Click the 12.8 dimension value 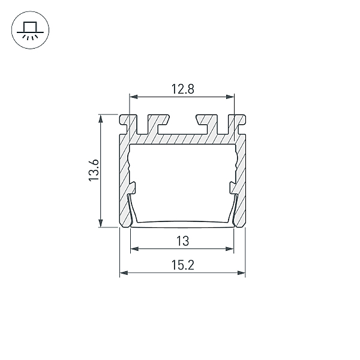click(183, 89)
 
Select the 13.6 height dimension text click(94, 170)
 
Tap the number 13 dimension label click(183, 241)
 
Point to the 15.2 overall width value click(183, 265)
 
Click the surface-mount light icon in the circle click(31, 30)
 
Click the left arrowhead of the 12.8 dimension click(133, 97)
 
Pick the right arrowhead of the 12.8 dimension click(230, 97)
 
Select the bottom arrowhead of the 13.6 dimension click(101, 223)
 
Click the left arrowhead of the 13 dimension click(134, 248)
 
